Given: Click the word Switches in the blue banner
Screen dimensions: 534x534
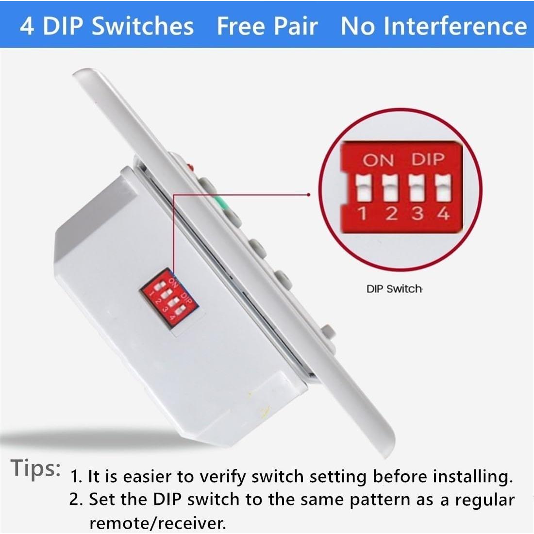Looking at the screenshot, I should pos(142,26).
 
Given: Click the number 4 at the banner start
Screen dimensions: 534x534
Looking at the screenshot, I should pos(27,26).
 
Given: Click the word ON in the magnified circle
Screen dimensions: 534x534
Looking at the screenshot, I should pos(379,160).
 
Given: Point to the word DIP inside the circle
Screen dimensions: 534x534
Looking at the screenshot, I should pos(428,159).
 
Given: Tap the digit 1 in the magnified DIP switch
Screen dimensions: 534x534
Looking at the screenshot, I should pos(362,213).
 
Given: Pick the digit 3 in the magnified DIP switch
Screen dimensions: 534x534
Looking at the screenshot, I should pos(417,213).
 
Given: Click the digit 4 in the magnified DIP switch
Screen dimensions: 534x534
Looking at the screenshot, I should pos(443,213).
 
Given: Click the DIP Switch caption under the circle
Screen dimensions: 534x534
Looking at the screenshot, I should pos(394,289).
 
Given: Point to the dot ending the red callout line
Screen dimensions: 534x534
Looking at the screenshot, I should pos(309,194).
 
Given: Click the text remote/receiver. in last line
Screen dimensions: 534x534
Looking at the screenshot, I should pos(158,523).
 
